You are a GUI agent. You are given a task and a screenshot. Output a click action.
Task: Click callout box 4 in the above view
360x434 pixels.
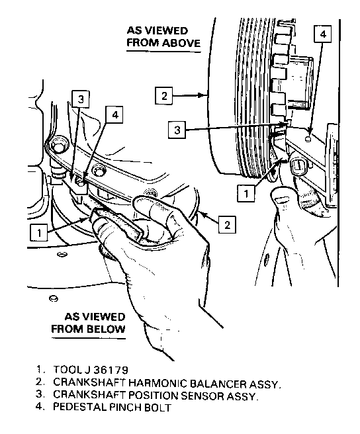click(x=323, y=34)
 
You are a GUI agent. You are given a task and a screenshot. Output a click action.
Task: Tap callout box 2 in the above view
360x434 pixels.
click(x=164, y=96)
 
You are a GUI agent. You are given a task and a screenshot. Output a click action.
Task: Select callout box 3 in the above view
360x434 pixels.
click(x=177, y=130)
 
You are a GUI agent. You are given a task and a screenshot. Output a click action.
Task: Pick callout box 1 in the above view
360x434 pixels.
click(x=246, y=193)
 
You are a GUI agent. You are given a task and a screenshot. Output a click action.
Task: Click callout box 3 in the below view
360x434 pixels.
click(x=80, y=99)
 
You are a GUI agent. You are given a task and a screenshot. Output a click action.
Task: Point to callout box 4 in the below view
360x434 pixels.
click(x=114, y=114)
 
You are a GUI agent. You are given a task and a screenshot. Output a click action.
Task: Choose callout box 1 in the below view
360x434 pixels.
click(x=39, y=232)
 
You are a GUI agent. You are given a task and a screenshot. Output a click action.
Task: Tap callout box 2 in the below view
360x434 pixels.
click(x=228, y=224)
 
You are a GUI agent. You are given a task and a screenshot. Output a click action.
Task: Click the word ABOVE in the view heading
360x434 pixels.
click(x=181, y=43)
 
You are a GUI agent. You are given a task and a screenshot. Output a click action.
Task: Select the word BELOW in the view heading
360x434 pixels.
click(x=107, y=329)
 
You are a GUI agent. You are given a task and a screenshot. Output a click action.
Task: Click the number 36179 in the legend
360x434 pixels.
click(x=111, y=370)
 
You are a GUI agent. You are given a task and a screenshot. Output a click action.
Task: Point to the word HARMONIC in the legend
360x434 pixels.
click(x=157, y=383)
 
